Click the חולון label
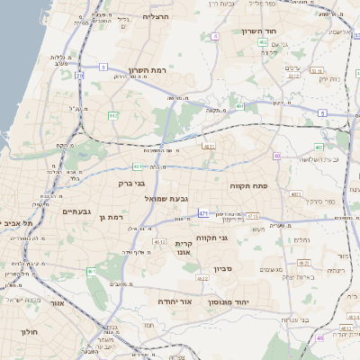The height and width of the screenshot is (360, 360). pyautogui.click(x=29, y=331)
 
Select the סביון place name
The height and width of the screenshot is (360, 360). pyautogui.click(x=224, y=268)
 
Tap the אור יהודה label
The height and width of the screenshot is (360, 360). pyautogui.click(x=175, y=301)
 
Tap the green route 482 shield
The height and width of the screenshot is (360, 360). pyautogui.click(x=113, y=115)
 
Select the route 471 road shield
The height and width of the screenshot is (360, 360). pyautogui.click(x=203, y=212)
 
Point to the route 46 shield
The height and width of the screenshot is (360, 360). pyautogui.click(x=320, y=337)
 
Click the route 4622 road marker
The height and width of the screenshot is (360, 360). pyautogui.click(x=202, y=279)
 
